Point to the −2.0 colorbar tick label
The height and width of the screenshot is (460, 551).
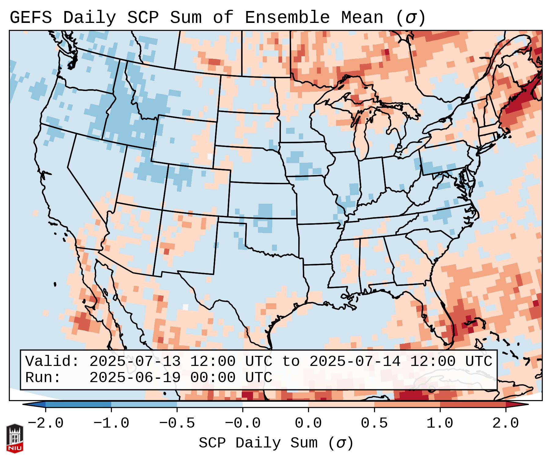46,423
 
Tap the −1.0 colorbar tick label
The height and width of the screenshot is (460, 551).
111,423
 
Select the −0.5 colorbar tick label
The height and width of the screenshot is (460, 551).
177,423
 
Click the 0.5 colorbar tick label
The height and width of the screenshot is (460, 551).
374,423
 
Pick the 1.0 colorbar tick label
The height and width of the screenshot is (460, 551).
440,423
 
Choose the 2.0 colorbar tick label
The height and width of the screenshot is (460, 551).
505,423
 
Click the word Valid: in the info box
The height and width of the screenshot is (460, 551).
52,361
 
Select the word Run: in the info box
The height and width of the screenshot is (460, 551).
43,378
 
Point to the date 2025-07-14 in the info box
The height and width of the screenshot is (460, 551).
355,361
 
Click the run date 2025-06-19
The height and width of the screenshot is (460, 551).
135,378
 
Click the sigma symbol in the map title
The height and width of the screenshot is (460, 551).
410,17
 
